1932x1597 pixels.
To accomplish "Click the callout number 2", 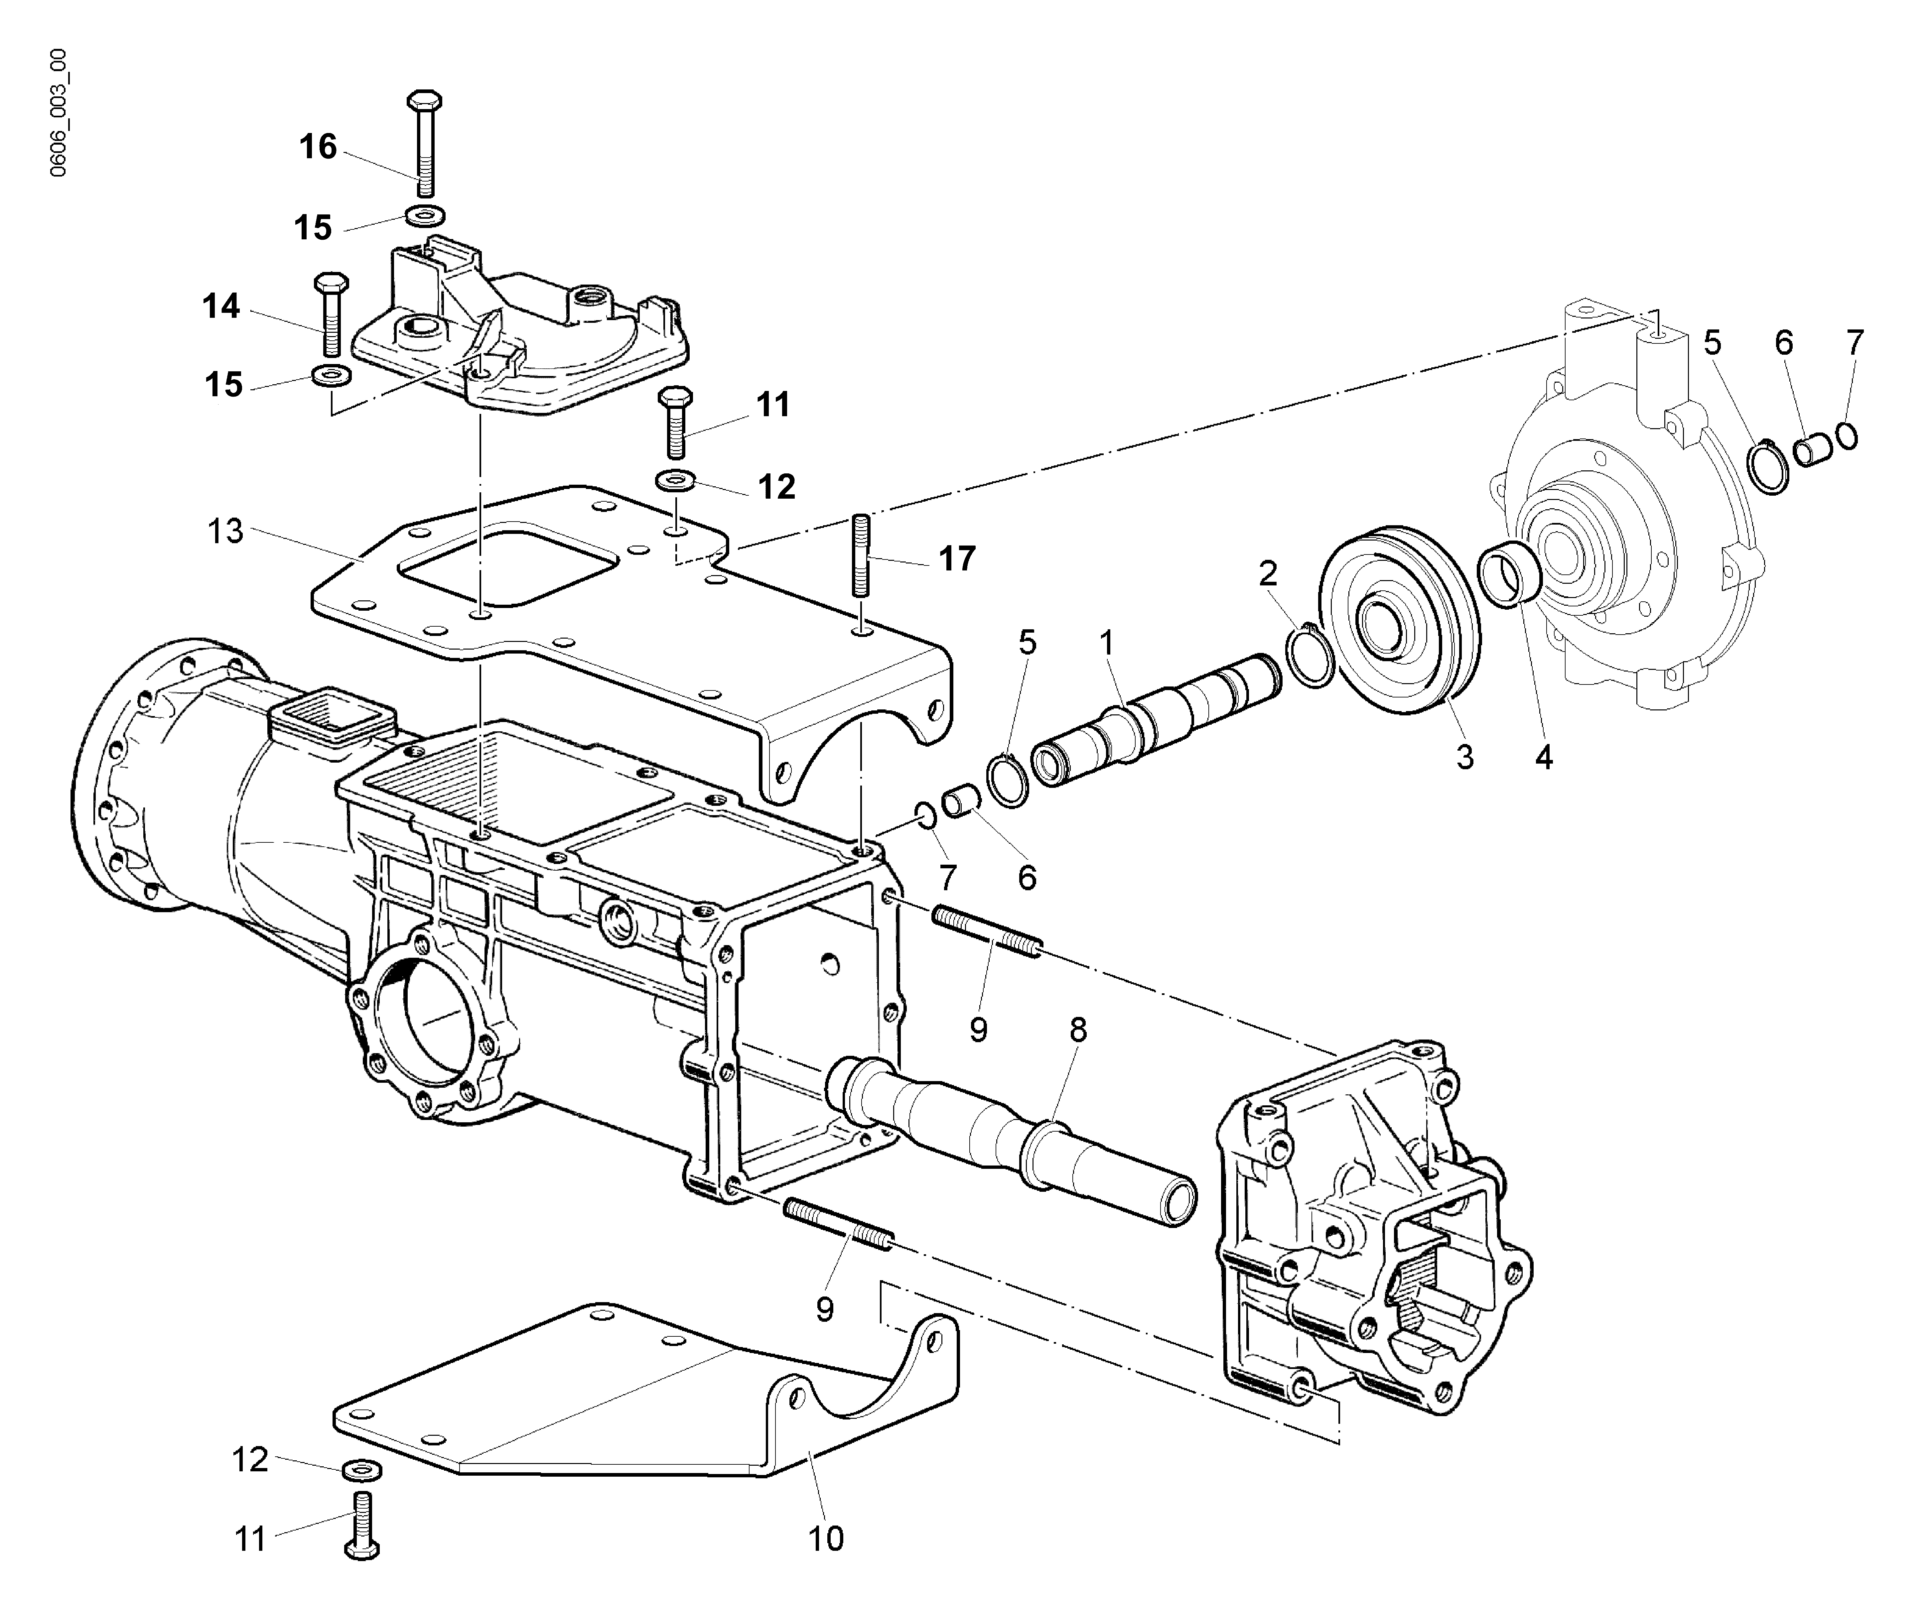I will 1268,574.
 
